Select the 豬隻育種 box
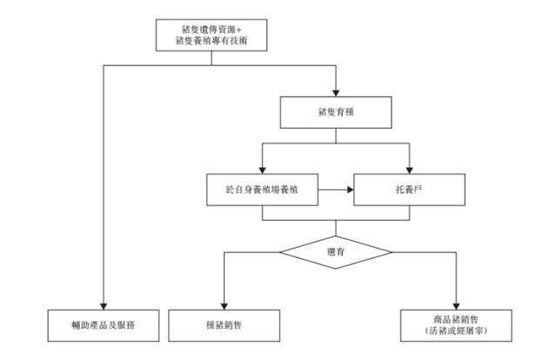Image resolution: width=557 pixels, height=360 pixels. [334, 111]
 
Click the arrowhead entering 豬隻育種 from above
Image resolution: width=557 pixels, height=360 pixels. [334, 90]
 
